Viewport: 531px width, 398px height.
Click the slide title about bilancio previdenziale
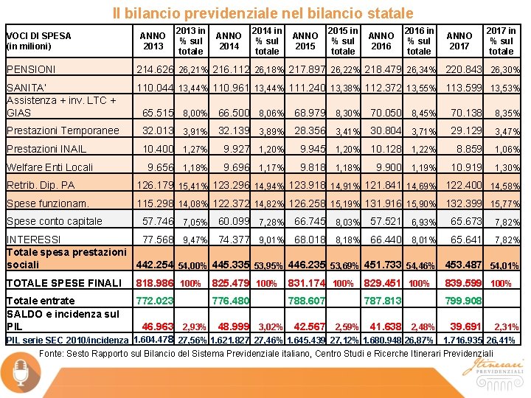coord(263,13)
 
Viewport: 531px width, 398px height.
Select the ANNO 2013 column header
coord(153,41)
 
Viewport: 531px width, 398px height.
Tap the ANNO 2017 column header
coord(459,41)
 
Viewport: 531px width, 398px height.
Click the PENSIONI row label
coord(30,70)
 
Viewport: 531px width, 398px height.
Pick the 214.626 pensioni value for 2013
coord(155,70)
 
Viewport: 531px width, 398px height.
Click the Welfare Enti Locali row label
coord(49,167)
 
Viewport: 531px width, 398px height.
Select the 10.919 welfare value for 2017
coord(465,167)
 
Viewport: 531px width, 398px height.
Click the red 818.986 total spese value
coord(154,283)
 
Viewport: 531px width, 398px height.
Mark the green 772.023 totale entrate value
coord(155,301)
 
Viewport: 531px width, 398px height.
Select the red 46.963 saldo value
coord(157,326)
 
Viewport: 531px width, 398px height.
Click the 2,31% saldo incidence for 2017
coord(506,327)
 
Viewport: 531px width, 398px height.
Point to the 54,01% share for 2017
coord(504,265)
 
